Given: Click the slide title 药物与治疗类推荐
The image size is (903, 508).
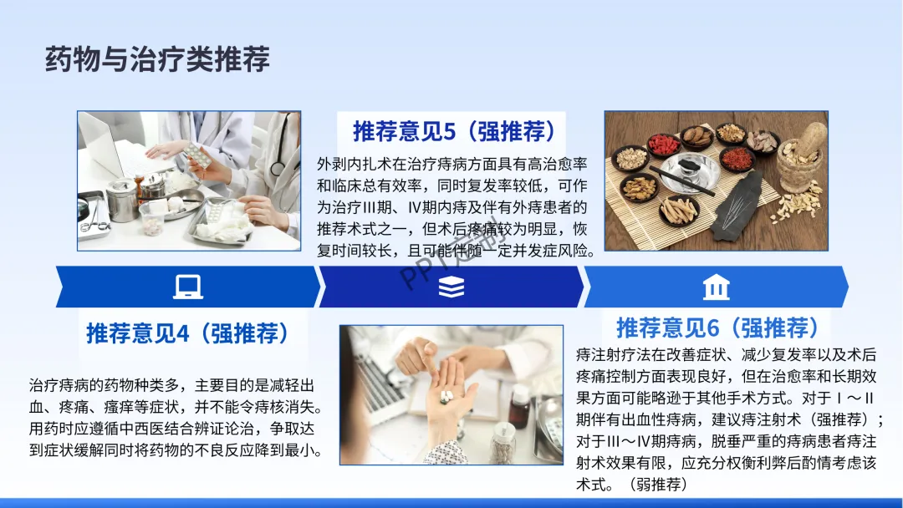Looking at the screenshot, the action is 157,59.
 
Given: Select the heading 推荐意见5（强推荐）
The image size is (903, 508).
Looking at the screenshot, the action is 454,131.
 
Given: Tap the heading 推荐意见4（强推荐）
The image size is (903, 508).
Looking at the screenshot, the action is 187,333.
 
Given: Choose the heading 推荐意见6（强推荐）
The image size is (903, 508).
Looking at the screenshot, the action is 717,328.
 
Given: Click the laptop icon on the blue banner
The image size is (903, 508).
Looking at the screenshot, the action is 188,287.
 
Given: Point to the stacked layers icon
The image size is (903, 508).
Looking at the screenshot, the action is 451,287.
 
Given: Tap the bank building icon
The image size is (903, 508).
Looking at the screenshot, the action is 717,287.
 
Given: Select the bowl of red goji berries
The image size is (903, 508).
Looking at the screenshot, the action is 664,145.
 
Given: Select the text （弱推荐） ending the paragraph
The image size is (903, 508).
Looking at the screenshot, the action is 660,485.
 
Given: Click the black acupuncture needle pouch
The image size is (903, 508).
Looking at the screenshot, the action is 737,207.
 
